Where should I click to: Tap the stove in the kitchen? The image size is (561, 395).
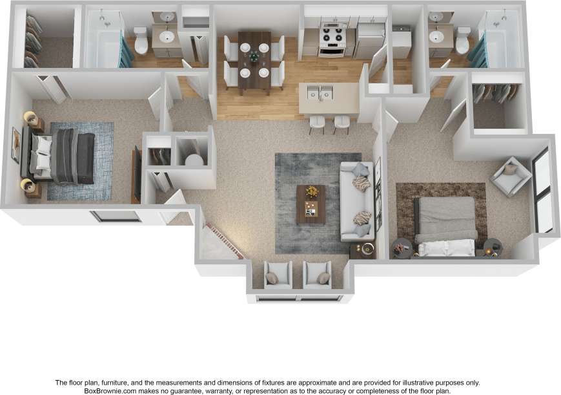tap(333, 41)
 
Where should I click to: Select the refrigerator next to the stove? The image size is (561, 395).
tap(371, 39)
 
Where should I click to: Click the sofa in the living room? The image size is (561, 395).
tap(357, 200)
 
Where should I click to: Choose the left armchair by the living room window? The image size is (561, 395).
tap(279, 275)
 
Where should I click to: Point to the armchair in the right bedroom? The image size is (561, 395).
tap(511, 175)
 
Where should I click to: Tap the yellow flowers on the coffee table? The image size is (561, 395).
tap(312, 191)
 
